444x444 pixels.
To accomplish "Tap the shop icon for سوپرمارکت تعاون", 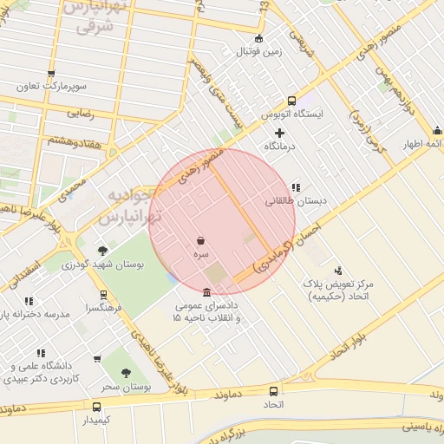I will coord(51,75).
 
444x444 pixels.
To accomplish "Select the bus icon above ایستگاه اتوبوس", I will coord(291,101).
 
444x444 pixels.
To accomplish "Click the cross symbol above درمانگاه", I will coord(278,133).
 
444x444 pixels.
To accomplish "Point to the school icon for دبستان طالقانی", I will coord(296,186).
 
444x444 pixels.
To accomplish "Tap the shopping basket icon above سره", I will coord(201,240).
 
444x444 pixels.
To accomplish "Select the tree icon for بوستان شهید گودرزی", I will coord(103,251).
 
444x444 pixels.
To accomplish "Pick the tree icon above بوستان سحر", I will coord(127,373).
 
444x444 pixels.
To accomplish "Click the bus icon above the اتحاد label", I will coord(274,391).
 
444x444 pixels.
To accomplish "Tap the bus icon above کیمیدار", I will coord(97,407).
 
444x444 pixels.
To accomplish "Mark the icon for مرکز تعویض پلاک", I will coord(338,270).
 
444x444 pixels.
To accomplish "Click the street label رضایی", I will coord(81,112).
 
